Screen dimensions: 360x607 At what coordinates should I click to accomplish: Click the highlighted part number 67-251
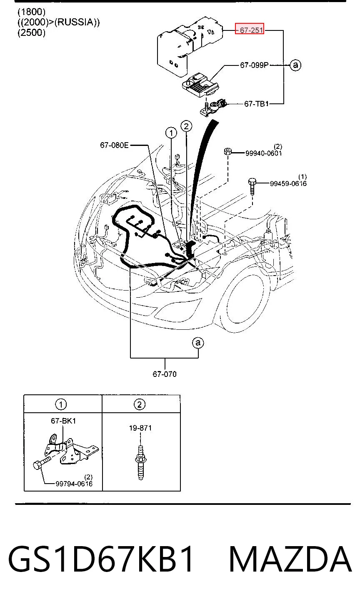[x=252, y=30]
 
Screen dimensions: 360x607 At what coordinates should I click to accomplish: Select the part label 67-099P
[x=254, y=65]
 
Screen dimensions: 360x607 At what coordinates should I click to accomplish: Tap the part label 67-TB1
[x=256, y=104]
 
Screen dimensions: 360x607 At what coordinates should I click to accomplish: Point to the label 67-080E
[x=114, y=145]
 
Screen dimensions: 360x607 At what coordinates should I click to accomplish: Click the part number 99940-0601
[x=264, y=153]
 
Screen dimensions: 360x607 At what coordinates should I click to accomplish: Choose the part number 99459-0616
[x=288, y=184]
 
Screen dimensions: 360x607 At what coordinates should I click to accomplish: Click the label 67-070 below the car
[x=165, y=374]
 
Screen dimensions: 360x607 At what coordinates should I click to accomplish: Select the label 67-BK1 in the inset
[x=63, y=421]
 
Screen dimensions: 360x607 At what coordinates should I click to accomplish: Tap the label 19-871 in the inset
[x=140, y=428]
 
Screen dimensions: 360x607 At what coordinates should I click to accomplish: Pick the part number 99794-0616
[x=74, y=484]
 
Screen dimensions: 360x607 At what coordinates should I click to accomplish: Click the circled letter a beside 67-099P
[x=295, y=65]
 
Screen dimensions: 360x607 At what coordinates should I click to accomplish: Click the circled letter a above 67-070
[x=198, y=343]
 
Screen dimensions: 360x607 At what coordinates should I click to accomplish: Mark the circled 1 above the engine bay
[x=171, y=133]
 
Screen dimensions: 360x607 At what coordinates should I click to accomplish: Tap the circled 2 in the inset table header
[x=140, y=404]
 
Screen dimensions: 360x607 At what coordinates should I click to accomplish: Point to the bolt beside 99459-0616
[x=252, y=186]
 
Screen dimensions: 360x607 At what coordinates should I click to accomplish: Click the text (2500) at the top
[x=31, y=33]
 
